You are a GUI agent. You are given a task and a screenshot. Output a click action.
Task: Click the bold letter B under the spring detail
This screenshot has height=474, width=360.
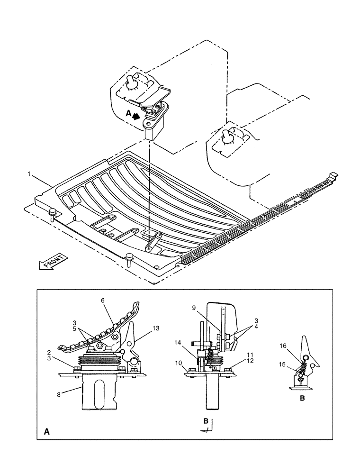pos(302,398)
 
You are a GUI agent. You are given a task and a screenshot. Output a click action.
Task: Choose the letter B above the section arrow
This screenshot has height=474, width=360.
pos(205,420)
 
